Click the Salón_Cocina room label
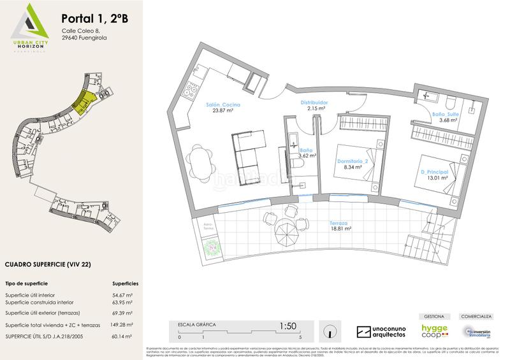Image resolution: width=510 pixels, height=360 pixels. point(222,105)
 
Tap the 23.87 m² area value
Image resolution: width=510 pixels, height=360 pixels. point(222,113)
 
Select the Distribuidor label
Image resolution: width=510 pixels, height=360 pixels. point(314,101)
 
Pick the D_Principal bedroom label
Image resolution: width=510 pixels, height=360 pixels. point(433,172)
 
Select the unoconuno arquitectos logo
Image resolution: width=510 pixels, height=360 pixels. point(381,332)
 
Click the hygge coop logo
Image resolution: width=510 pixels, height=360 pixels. point(434,331)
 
